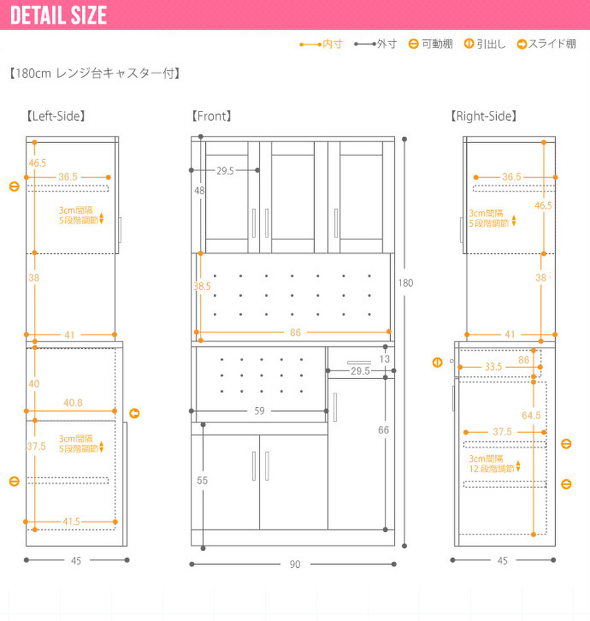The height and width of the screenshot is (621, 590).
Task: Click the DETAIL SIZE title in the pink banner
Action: click(x=58, y=16)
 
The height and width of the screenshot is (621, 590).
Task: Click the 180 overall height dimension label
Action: click(x=406, y=283)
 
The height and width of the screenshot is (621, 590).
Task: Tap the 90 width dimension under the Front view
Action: click(x=294, y=565)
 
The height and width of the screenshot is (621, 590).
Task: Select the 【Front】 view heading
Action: click(x=212, y=116)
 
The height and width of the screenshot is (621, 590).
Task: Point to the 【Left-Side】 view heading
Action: click(x=56, y=116)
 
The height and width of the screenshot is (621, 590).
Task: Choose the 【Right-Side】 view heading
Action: click(x=484, y=116)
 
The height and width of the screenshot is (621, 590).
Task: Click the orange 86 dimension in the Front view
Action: click(x=296, y=332)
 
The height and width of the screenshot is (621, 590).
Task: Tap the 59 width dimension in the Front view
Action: click(x=260, y=411)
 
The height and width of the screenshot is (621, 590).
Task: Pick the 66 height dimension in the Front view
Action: click(x=383, y=430)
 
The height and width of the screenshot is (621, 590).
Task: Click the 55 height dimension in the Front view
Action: click(x=203, y=481)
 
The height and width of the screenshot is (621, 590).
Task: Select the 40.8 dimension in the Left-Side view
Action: click(x=73, y=403)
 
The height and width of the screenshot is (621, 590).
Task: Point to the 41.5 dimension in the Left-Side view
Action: click(x=71, y=521)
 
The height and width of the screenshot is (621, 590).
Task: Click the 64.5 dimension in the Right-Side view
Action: click(x=531, y=416)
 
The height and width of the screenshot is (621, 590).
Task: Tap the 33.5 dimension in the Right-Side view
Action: click(x=494, y=367)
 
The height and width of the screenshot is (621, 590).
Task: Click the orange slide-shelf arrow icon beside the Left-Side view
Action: click(x=134, y=414)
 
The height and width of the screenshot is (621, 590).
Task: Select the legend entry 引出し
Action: click(x=485, y=44)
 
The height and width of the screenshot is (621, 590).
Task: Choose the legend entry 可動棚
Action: click(x=431, y=44)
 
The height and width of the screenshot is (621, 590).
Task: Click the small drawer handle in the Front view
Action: click(x=359, y=363)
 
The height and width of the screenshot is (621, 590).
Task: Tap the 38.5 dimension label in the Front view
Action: click(x=202, y=287)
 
